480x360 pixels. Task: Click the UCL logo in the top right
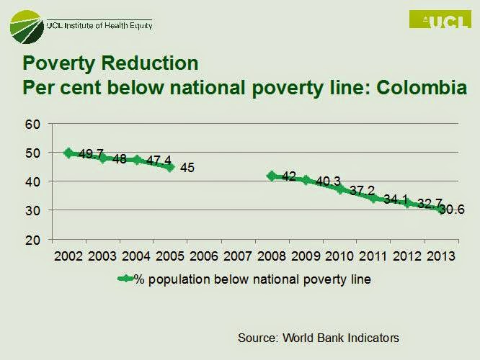click(440, 19)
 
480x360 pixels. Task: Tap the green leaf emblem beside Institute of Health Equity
click(27, 27)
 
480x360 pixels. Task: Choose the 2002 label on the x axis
click(68, 256)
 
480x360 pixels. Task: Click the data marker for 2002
click(68, 153)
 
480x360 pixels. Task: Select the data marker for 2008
click(272, 176)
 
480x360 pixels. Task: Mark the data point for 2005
click(170, 166)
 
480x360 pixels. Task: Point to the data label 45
click(187, 168)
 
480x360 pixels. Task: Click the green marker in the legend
click(125, 279)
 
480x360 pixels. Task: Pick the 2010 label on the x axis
click(339, 256)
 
